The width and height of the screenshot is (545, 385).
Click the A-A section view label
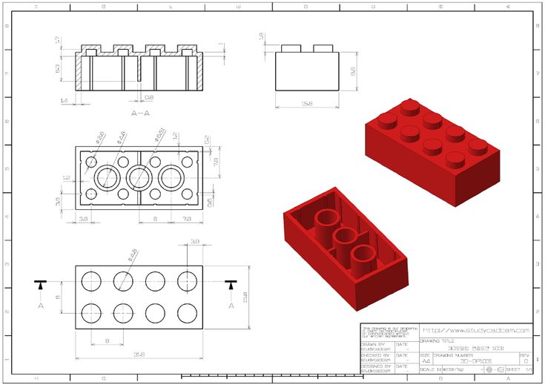140,113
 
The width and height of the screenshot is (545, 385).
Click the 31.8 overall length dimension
139,354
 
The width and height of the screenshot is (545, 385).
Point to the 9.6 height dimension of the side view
354,70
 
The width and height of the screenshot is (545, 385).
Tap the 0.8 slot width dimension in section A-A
148,96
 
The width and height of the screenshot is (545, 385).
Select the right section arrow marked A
232,284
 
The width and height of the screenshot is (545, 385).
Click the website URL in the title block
475,330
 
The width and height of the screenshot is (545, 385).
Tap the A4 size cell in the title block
426,361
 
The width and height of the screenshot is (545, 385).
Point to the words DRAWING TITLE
437,341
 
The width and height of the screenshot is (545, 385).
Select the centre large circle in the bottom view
139,178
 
